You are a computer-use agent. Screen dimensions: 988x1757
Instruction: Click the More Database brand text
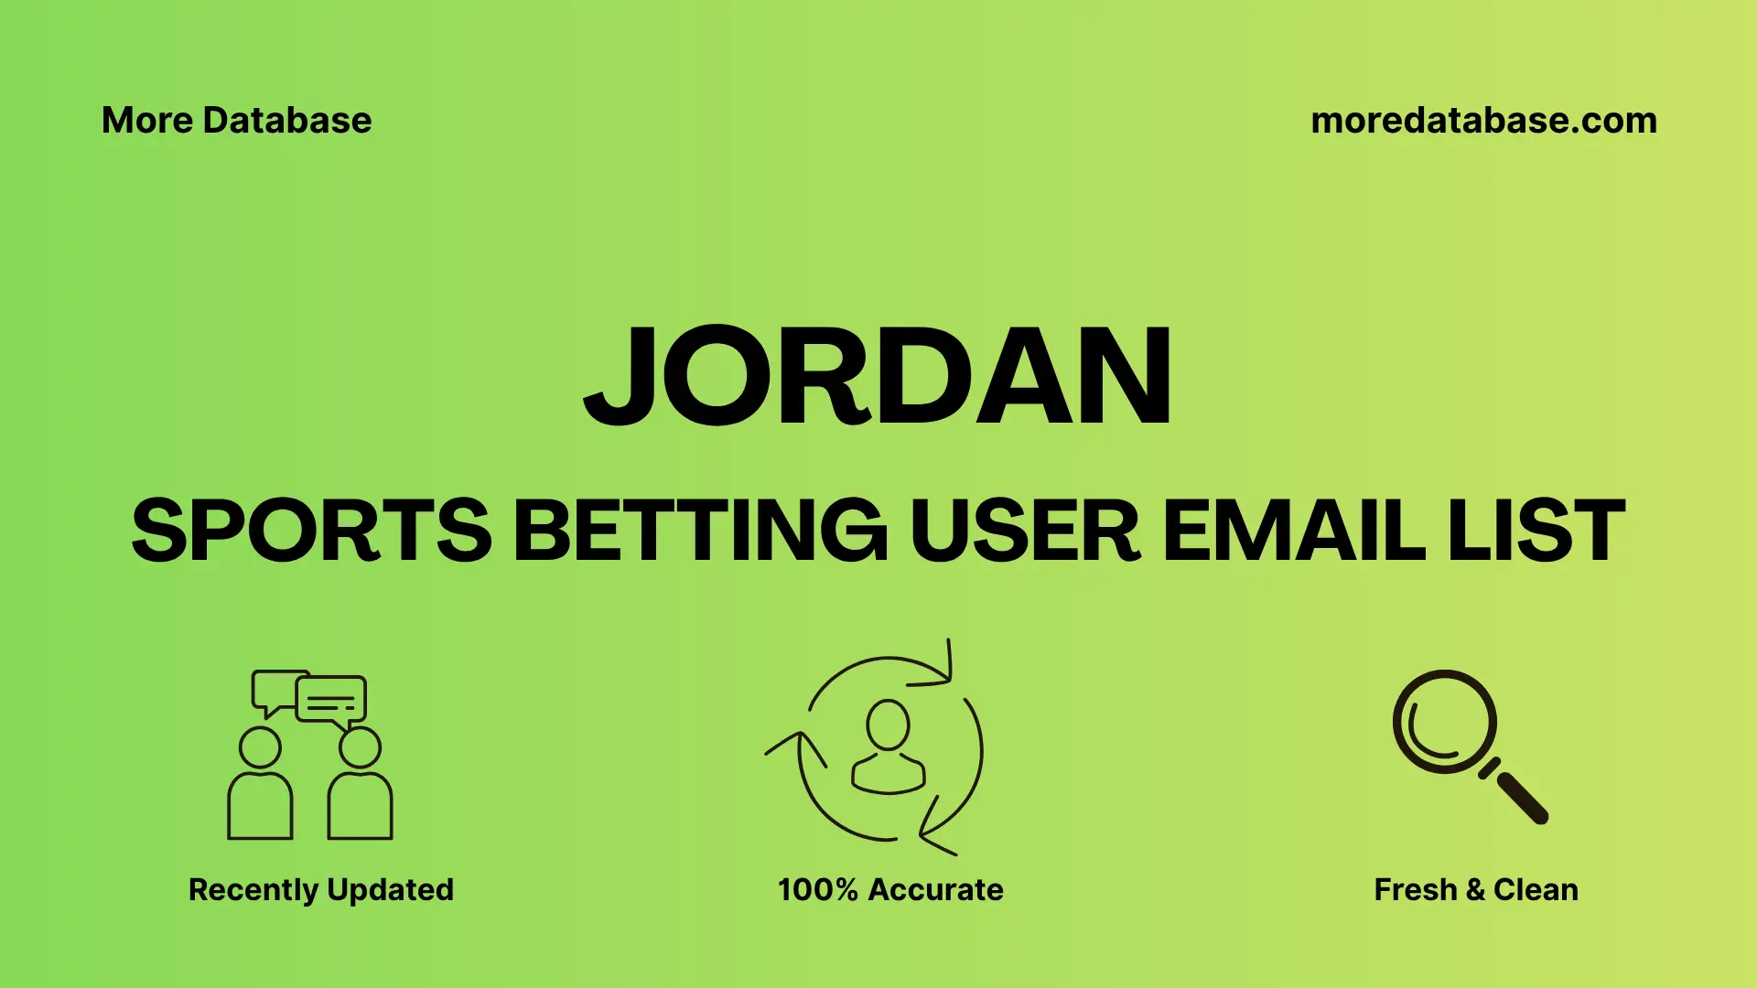[236, 121]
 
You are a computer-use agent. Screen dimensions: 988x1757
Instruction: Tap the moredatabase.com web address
[1483, 121]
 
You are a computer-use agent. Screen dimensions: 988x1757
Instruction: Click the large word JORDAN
[878, 377]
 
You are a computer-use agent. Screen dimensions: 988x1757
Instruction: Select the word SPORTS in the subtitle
[312, 531]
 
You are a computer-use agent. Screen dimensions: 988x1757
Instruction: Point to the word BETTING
[700, 531]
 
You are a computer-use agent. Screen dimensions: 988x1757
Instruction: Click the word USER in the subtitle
[1025, 531]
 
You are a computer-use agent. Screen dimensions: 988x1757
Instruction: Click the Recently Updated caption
[320, 889]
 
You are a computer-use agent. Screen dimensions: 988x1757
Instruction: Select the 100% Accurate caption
[890, 889]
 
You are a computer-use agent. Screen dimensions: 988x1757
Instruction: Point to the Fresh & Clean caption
[1476, 889]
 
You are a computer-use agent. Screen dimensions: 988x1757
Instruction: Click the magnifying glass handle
[1521, 797]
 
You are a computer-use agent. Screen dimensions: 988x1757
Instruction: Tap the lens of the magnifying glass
[1444, 722]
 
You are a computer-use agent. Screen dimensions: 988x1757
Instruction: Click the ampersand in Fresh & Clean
[1474, 889]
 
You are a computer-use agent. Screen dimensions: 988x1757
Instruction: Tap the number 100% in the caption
[817, 889]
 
